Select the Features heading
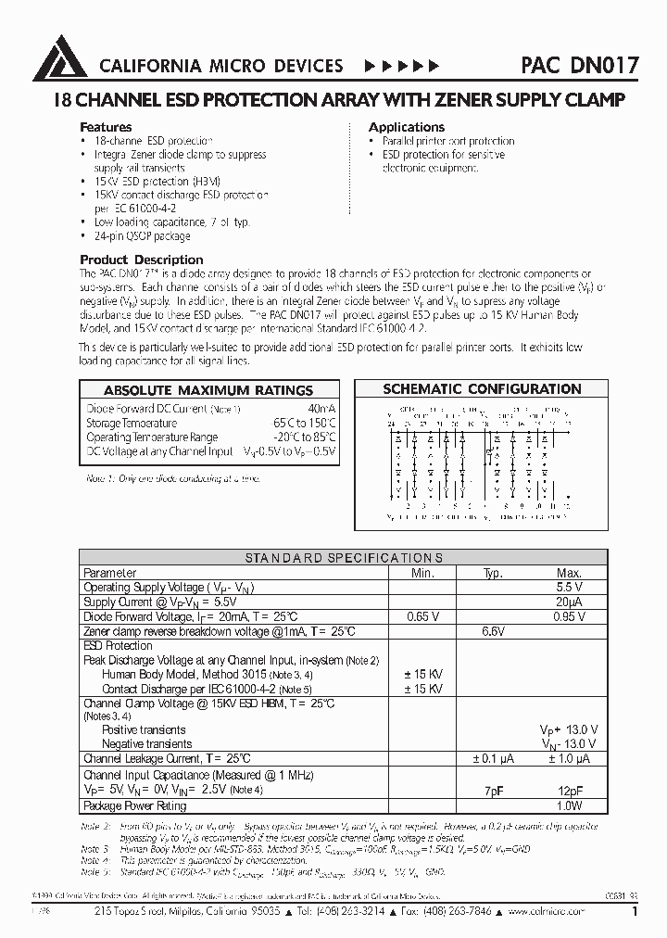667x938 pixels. (x=106, y=127)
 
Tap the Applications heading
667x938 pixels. (x=407, y=127)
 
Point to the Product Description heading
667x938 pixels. (x=142, y=260)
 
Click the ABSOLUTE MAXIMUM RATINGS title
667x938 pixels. (x=208, y=390)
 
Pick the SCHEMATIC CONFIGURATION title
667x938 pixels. (x=482, y=389)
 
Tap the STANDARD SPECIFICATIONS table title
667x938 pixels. (x=344, y=558)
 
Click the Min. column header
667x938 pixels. (x=422, y=573)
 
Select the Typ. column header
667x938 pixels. (x=492, y=573)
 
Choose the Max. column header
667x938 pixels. (x=569, y=573)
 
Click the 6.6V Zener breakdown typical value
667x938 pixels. (x=492, y=631)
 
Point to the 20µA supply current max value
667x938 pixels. (x=569, y=602)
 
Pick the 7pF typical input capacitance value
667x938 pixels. (x=492, y=791)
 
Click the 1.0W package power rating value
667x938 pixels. (x=569, y=805)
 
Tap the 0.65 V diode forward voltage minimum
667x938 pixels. (x=422, y=616)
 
